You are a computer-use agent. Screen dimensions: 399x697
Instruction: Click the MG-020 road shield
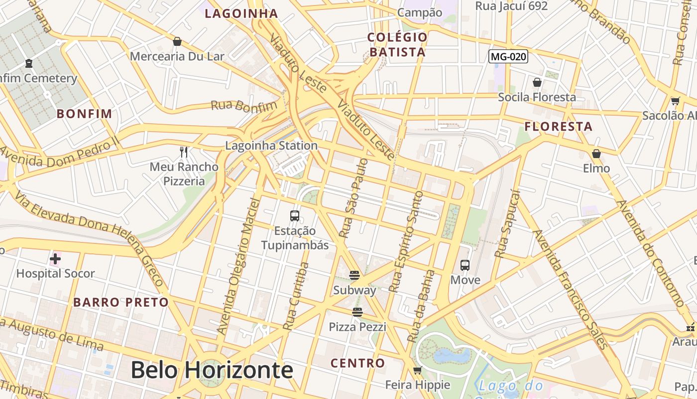(508, 56)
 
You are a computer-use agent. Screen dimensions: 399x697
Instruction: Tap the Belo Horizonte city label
(212, 370)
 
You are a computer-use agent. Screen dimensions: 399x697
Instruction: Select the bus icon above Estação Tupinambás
(295, 216)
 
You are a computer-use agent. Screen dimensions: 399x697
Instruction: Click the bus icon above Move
(465, 265)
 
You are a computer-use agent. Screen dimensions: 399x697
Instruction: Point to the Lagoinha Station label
(271, 146)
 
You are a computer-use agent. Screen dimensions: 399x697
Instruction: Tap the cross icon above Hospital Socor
(55, 259)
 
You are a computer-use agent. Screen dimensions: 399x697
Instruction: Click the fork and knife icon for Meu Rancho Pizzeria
(184, 152)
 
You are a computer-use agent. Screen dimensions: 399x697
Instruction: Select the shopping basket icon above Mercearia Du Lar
(177, 41)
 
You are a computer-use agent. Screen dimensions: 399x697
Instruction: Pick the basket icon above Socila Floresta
(537, 82)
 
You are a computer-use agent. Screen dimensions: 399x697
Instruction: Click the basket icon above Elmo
(596, 154)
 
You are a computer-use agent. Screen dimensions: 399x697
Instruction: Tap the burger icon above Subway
(354, 275)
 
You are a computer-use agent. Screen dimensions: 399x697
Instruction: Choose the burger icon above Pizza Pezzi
(357, 312)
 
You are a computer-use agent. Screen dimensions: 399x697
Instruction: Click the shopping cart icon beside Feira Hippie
(418, 370)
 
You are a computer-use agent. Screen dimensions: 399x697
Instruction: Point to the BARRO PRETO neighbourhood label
(121, 302)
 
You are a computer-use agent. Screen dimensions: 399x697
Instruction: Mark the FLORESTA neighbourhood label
(559, 127)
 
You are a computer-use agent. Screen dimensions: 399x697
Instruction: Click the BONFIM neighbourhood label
(84, 114)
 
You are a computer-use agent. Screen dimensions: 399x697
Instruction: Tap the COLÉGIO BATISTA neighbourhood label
(397, 44)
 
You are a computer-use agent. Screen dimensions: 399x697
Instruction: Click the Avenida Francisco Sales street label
(571, 289)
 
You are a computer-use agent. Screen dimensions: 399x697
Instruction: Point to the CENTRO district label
(358, 363)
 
